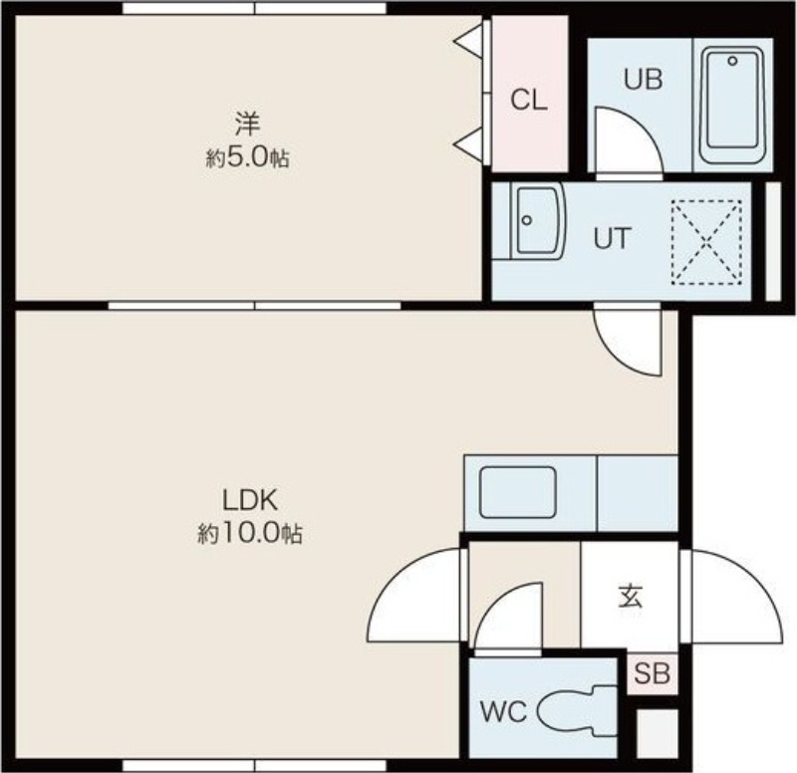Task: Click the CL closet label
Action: coord(529,100)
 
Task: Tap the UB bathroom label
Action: coord(643,80)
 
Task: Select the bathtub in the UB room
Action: coord(732,106)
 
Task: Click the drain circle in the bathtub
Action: coord(732,61)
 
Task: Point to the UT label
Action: coord(613,238)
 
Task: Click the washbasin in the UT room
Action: coord(538,221)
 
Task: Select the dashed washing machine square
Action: coord(706,242)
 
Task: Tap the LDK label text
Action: coord(250,501)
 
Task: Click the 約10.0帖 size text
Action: coord(250,534)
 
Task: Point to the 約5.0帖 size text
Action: coord(248,159)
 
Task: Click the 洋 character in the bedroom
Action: coord(247,125)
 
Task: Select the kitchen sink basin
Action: coord(518,492)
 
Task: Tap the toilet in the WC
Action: coord(577,711)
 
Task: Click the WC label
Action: coord(503,711)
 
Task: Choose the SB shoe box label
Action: coord(653,674)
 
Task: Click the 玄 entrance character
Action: coord(631,597)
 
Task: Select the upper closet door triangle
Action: coord(469,40)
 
